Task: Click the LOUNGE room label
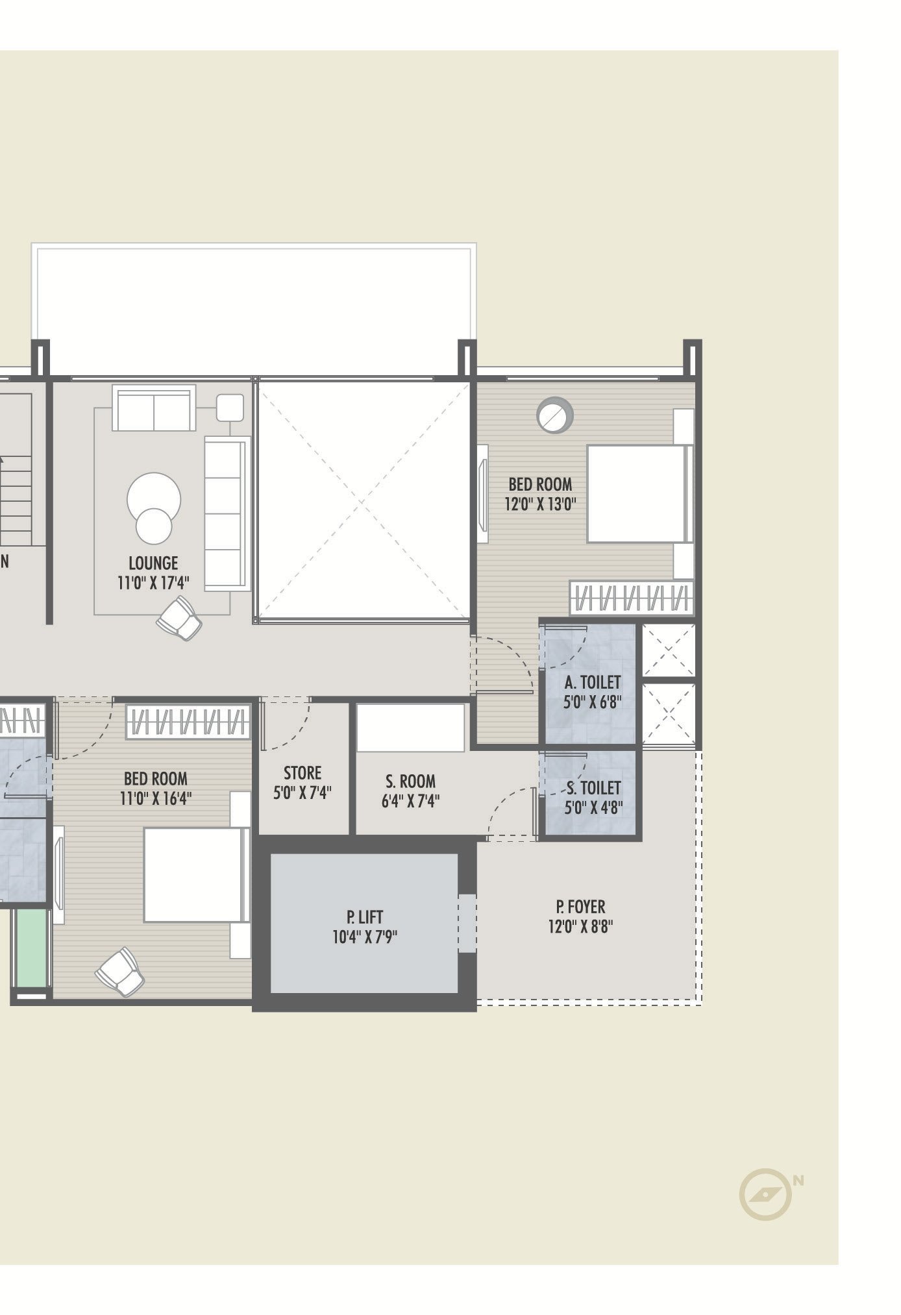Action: pos(153,563)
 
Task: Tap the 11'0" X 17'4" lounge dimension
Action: pos(153,583)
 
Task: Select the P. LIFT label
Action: pos(365,916)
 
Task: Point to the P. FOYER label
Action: pos(580,906)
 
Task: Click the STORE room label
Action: pos(302,773)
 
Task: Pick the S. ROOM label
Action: pos(410,781)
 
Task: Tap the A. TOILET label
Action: pos(593,682)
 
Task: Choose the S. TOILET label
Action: pos(594,788)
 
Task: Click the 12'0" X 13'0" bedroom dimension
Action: pos(541,504)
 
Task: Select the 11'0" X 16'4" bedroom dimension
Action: pos(156,798)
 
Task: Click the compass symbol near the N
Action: pos(766,1193)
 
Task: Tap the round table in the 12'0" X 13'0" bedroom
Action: pos(555,414)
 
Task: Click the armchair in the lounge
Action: pos(180,618)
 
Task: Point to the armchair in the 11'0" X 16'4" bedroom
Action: pos(120,972)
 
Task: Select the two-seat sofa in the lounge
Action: pos(154,408)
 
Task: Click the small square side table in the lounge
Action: pos(230,407)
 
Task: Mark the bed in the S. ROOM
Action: pos(410,727)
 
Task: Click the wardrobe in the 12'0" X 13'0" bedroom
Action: pos(631,598)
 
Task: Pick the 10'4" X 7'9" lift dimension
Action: pos(365,937)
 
